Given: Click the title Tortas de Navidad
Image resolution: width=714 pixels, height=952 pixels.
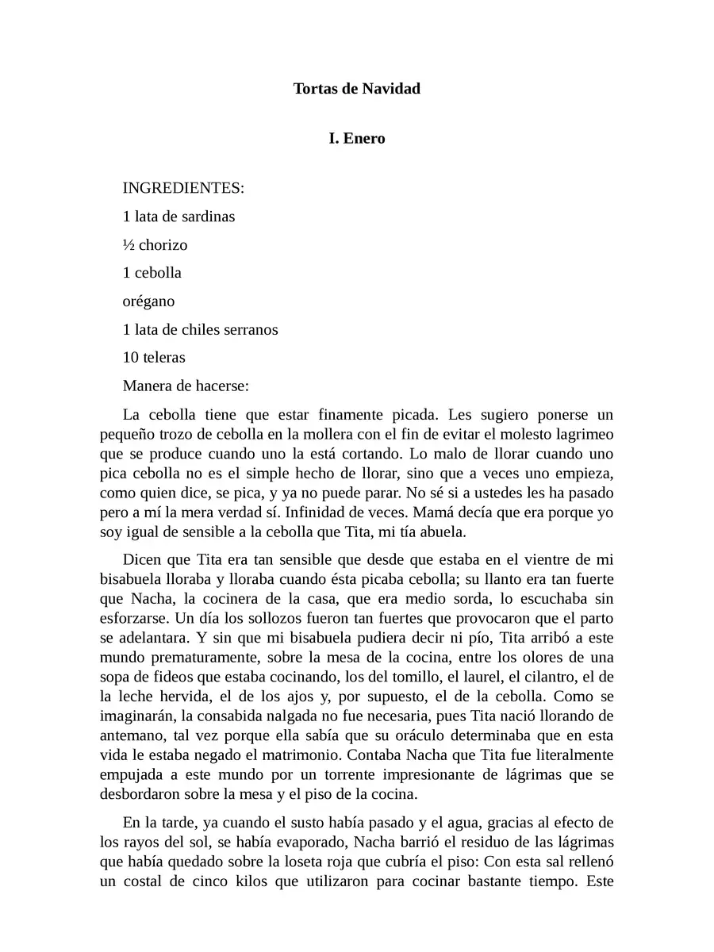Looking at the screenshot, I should click(x=356, y=88).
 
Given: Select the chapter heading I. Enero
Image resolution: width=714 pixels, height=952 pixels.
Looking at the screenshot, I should click(x=356, y=139).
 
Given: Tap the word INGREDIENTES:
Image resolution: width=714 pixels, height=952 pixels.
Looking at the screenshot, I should click(x=183, y=189).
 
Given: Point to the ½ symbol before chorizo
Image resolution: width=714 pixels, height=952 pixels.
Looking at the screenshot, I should click(x=129, y=244).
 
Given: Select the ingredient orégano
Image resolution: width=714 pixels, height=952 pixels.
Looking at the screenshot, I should click(x=148, y=301).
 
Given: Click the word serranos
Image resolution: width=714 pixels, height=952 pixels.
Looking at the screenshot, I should click(x=250, y=329).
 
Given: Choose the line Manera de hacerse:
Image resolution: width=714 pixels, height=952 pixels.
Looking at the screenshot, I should click(x=186, y=386).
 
